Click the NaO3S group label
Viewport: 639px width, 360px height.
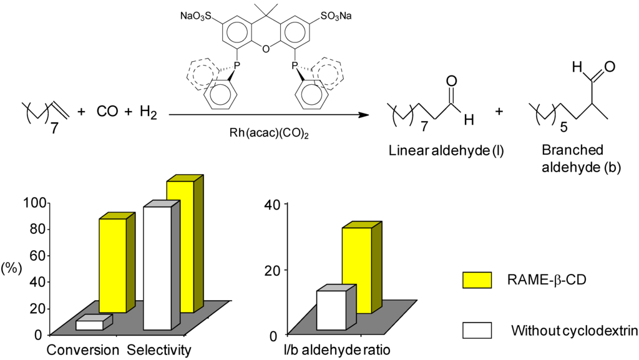tap(197, 16)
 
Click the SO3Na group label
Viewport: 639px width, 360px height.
tap(335, 16)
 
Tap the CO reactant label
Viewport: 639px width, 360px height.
tap(107, 113)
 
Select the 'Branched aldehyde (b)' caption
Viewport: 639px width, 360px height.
tap(573, 159)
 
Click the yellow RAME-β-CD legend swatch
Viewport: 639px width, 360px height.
tap(477, 280)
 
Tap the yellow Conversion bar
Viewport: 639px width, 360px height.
tap(112, 265)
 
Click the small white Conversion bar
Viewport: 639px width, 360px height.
tap(90, 324)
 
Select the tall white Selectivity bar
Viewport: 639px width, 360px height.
tap(157, 268)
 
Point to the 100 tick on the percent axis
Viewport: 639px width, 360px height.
tap(33, 203)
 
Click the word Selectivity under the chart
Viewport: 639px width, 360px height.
tap(159, 349)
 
